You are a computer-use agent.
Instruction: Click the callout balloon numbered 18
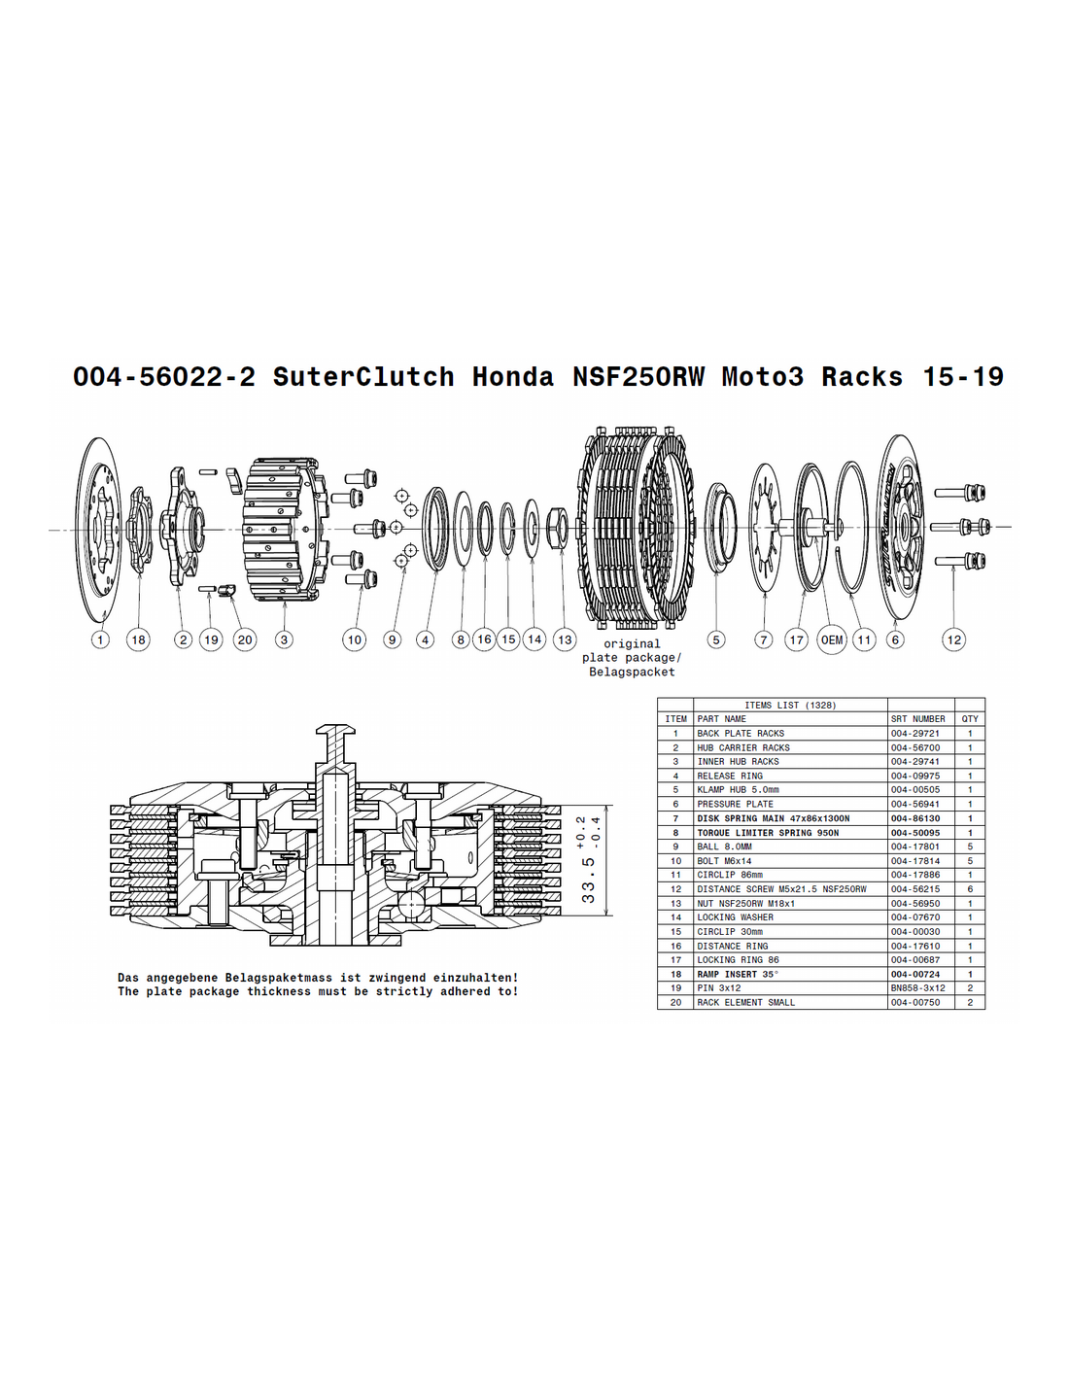[139, 639]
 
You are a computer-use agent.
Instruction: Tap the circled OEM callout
[831, 639]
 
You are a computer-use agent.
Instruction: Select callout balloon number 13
[565, 639]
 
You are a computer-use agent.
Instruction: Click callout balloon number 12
[954, 639]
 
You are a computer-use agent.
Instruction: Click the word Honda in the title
[512, 376]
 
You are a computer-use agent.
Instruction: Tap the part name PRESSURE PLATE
[735, 804]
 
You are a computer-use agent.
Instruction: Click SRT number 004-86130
[915, 818]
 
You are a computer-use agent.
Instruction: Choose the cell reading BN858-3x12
[917, 987]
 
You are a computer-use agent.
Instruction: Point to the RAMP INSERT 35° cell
[738, 974]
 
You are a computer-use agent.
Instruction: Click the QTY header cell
[970, 718]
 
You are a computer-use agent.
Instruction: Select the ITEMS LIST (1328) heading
[790, 705]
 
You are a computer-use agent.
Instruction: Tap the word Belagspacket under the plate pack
[632, 672]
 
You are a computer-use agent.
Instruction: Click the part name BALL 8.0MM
[724, 846]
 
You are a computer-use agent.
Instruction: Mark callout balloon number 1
[100, 639]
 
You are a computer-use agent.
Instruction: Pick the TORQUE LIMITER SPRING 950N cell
[768, 833]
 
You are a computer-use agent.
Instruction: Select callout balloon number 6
[895, 639]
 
